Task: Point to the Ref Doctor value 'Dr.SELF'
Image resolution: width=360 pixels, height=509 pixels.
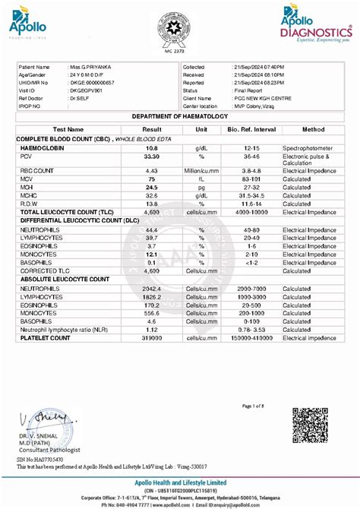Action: tap(82, 97)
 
